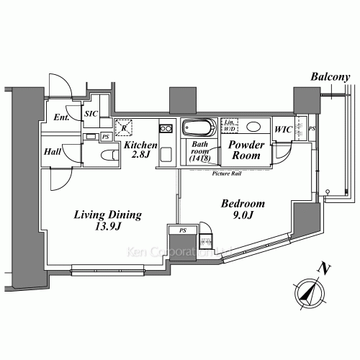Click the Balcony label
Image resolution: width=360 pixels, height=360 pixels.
(x=330, y=77)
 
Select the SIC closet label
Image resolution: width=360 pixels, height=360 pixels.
(x=91, y=114)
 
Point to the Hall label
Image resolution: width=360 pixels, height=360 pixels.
(x=53, y=153)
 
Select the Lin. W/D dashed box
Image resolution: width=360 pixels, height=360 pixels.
(x=231, y=125)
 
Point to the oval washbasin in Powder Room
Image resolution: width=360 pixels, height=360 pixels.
(x=254, y=127)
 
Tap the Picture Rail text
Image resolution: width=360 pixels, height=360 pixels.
(x=226, y=174)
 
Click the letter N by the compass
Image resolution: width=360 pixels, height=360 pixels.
(x=326, y=270)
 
